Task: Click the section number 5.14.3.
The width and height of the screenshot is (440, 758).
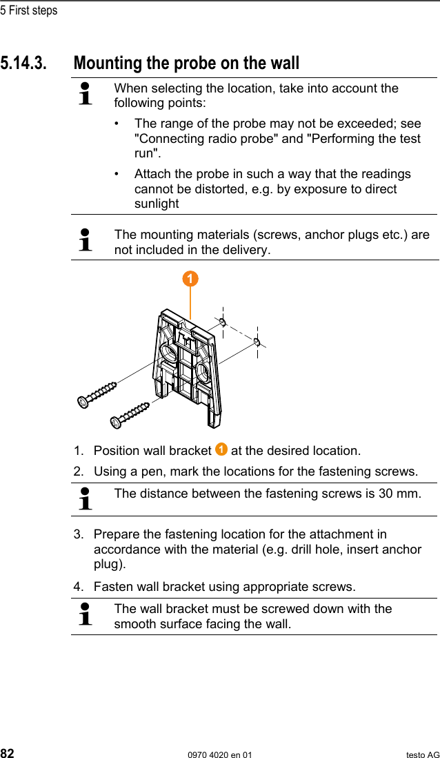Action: click(24, 64)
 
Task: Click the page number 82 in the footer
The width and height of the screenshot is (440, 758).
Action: click(8, 753)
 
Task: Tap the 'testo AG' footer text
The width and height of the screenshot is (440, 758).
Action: click(422, 755)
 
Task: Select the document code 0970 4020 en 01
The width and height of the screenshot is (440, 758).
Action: click(220, 755)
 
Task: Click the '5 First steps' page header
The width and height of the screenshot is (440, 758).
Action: click(29, 10)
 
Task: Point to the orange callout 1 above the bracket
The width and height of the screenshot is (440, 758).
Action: click(190, 279)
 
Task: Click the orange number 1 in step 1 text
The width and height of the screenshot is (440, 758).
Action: click(221, 450)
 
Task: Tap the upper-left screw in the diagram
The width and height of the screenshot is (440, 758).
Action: click(97, 393)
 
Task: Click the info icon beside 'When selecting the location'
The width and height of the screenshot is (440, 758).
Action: click(86, 94)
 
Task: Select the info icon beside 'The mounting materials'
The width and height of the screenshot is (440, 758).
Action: click(86, 241)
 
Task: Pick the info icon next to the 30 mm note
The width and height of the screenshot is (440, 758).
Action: click(86, 498)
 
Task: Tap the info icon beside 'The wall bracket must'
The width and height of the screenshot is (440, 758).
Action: click(86, 614)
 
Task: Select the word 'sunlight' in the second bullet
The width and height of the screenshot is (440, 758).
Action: click(157, 204)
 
